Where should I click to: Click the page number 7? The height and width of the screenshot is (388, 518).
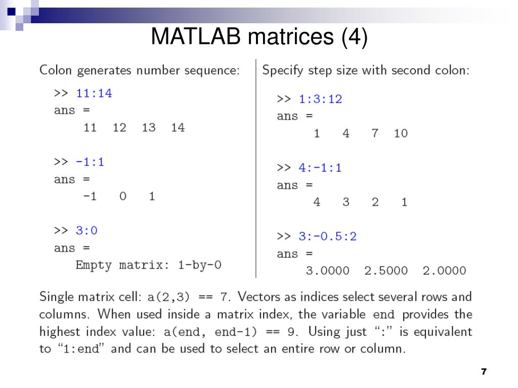(484, 372)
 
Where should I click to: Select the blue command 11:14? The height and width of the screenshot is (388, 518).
(94, 93)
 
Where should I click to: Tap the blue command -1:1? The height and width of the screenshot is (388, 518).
(90, 162)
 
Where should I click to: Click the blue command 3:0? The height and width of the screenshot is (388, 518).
(87, 230)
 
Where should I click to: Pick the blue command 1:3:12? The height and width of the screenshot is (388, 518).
(320, 99)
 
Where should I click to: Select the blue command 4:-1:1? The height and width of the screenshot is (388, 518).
(320, 168)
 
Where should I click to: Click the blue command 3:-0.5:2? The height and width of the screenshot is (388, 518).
(327, 236)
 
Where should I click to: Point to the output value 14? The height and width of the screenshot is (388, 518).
(178, 128)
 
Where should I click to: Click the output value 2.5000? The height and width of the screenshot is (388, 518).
(386, 271)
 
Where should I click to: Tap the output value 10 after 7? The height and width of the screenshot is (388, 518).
(401, 134)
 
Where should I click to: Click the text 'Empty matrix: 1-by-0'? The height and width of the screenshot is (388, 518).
(148, 265)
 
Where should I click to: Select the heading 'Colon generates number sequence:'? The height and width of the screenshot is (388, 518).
(140, 70)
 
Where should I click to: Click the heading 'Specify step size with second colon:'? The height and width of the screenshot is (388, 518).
(366, 70)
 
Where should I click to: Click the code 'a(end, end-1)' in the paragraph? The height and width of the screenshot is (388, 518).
(207, 332)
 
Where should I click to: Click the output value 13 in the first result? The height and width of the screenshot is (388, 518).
(149, 128)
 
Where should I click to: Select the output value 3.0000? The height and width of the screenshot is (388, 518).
(328, 271)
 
